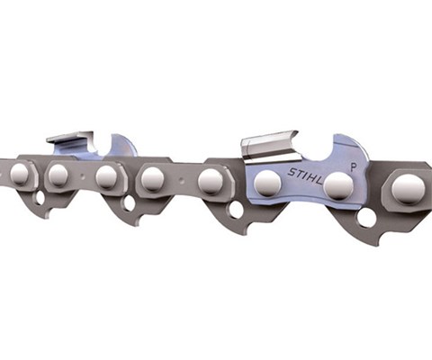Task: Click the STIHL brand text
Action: point(305,176)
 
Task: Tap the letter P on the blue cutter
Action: point(355,167)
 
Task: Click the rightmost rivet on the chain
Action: point(409,189)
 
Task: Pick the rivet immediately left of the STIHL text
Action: point(267,183)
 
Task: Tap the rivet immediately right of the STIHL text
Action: point(338,186)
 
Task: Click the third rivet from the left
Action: point(106,176)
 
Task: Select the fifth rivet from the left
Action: point(211,182)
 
